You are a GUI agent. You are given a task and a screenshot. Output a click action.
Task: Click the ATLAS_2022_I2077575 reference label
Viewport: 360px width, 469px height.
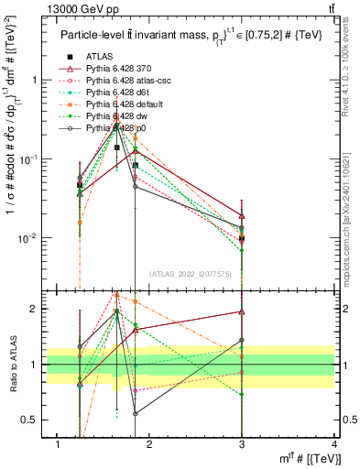tap(191, 274)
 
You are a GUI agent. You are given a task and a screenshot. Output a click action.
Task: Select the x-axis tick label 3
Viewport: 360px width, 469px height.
tap(242, 444)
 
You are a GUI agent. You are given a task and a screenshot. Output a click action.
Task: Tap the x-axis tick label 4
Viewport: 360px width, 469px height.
tap(334, 444)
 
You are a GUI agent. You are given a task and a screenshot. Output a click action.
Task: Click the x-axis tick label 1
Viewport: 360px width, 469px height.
tap(58, 444)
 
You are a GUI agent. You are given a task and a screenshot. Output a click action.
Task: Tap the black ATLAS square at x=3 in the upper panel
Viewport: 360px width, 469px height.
tap(242, 238)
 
